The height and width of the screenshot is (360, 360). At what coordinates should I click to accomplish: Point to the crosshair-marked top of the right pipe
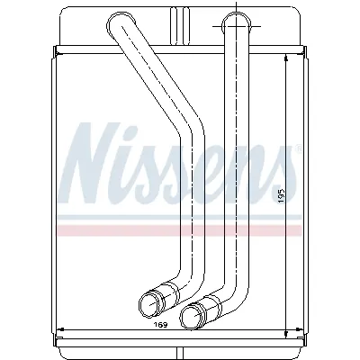click(233, 19)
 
